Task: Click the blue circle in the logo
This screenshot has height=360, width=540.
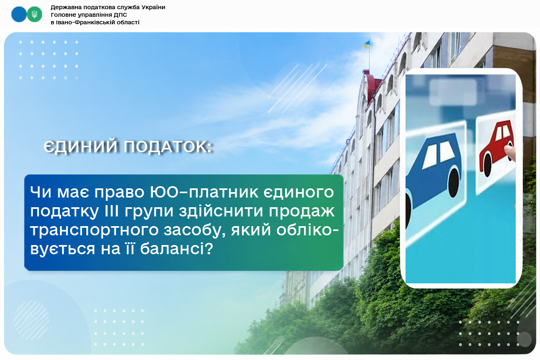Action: coord(19,15)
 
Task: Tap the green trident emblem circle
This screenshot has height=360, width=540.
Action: coord(35,15)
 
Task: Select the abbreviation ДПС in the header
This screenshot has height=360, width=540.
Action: coord(120,15)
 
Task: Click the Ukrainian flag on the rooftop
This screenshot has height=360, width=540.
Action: coord(366,44)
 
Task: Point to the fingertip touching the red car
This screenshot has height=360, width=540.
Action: coord(509,151)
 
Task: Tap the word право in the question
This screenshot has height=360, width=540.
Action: coord(120,192)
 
